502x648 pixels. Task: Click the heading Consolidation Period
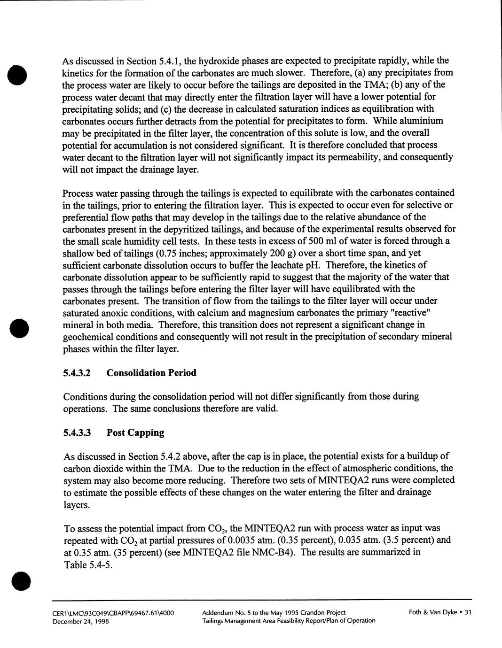151,373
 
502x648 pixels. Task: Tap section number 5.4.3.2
77,373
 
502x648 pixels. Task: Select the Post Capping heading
135,432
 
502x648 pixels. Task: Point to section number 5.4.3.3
77,433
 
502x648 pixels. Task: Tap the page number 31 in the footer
467,612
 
